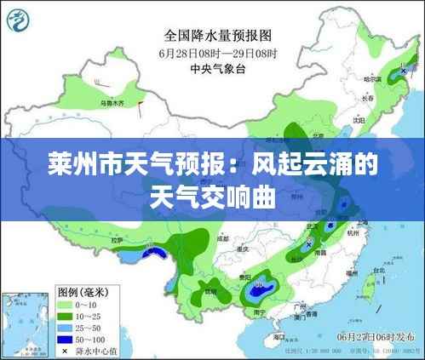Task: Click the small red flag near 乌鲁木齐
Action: (x=139, y=105)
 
